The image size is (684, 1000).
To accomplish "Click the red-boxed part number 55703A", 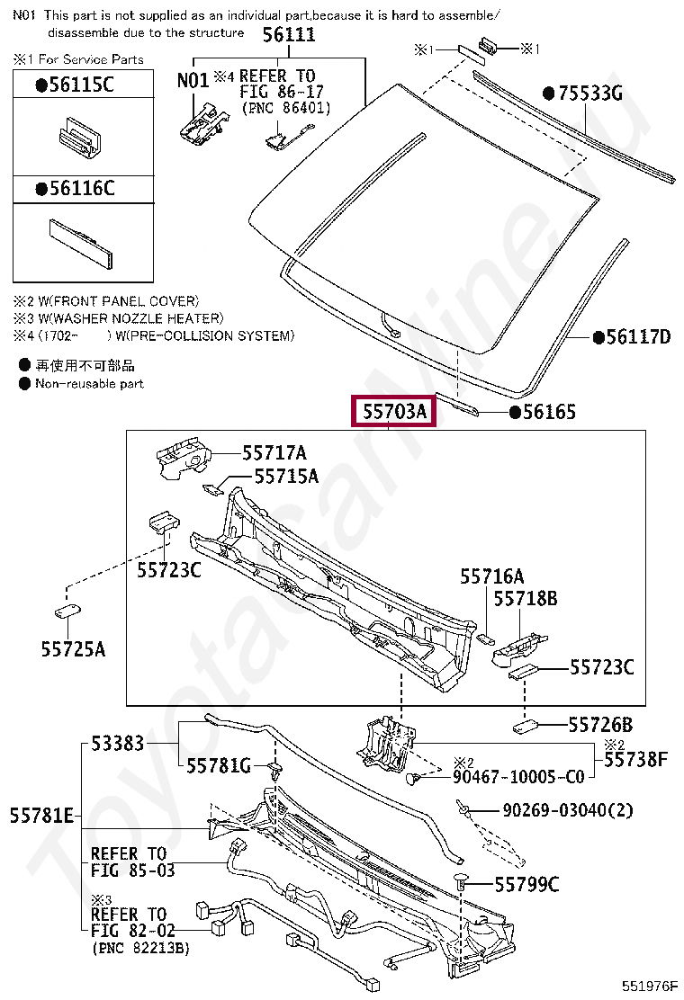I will [394, 412].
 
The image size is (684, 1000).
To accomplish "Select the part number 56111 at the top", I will [289, 34].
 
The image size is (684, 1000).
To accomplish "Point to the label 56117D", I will [638, 337].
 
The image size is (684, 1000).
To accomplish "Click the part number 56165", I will [549, 412].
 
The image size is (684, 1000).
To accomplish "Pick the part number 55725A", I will [73, 647].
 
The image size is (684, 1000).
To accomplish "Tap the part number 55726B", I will [600, 725].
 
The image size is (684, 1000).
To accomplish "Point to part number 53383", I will [118, 745].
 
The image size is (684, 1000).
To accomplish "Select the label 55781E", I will [41, 816].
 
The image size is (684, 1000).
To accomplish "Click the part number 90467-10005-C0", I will [517, 777].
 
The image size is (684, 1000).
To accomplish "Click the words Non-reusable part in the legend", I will [89, 383].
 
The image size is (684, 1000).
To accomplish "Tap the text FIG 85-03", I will [133, 870].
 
